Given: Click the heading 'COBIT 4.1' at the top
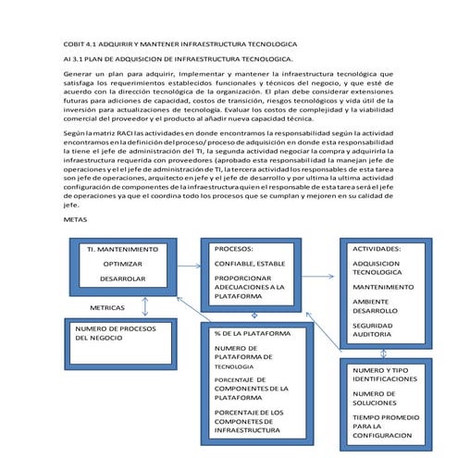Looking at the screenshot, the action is [x=84, y=43].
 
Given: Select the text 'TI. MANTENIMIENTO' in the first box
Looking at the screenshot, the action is [x=124, y=250].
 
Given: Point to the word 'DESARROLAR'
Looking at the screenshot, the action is [x=123, y=278].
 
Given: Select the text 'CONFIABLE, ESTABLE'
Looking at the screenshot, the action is [x=251, y=263].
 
